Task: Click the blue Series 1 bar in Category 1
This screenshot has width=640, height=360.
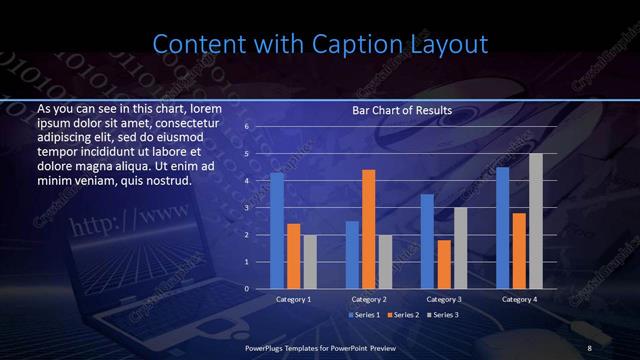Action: tap(277, 231)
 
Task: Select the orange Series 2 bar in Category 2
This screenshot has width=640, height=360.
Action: tap(368, 229)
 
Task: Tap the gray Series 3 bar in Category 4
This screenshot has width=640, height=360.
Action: tap(536, 221)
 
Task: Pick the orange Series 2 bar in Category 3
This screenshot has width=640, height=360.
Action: tap(444, 264)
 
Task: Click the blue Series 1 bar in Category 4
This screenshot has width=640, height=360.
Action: tap(503, 228)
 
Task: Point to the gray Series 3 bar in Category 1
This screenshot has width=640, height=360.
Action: tap(310, 262)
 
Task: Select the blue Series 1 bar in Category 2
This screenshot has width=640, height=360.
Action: tap(352, 255)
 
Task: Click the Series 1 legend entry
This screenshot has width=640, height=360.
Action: tap(363, 315)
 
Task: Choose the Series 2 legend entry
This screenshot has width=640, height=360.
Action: tap(405, 315)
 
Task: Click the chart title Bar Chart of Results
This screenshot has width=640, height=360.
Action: tap(402, 110)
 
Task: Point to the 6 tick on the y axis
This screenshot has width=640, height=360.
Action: tap(246, 128)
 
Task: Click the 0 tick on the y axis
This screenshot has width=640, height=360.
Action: tap(246, 289)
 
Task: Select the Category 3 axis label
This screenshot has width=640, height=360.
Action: tap(443, 299)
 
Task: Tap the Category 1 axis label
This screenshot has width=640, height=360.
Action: tap(293, 299)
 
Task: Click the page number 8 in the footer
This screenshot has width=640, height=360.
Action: tap(589, 347)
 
